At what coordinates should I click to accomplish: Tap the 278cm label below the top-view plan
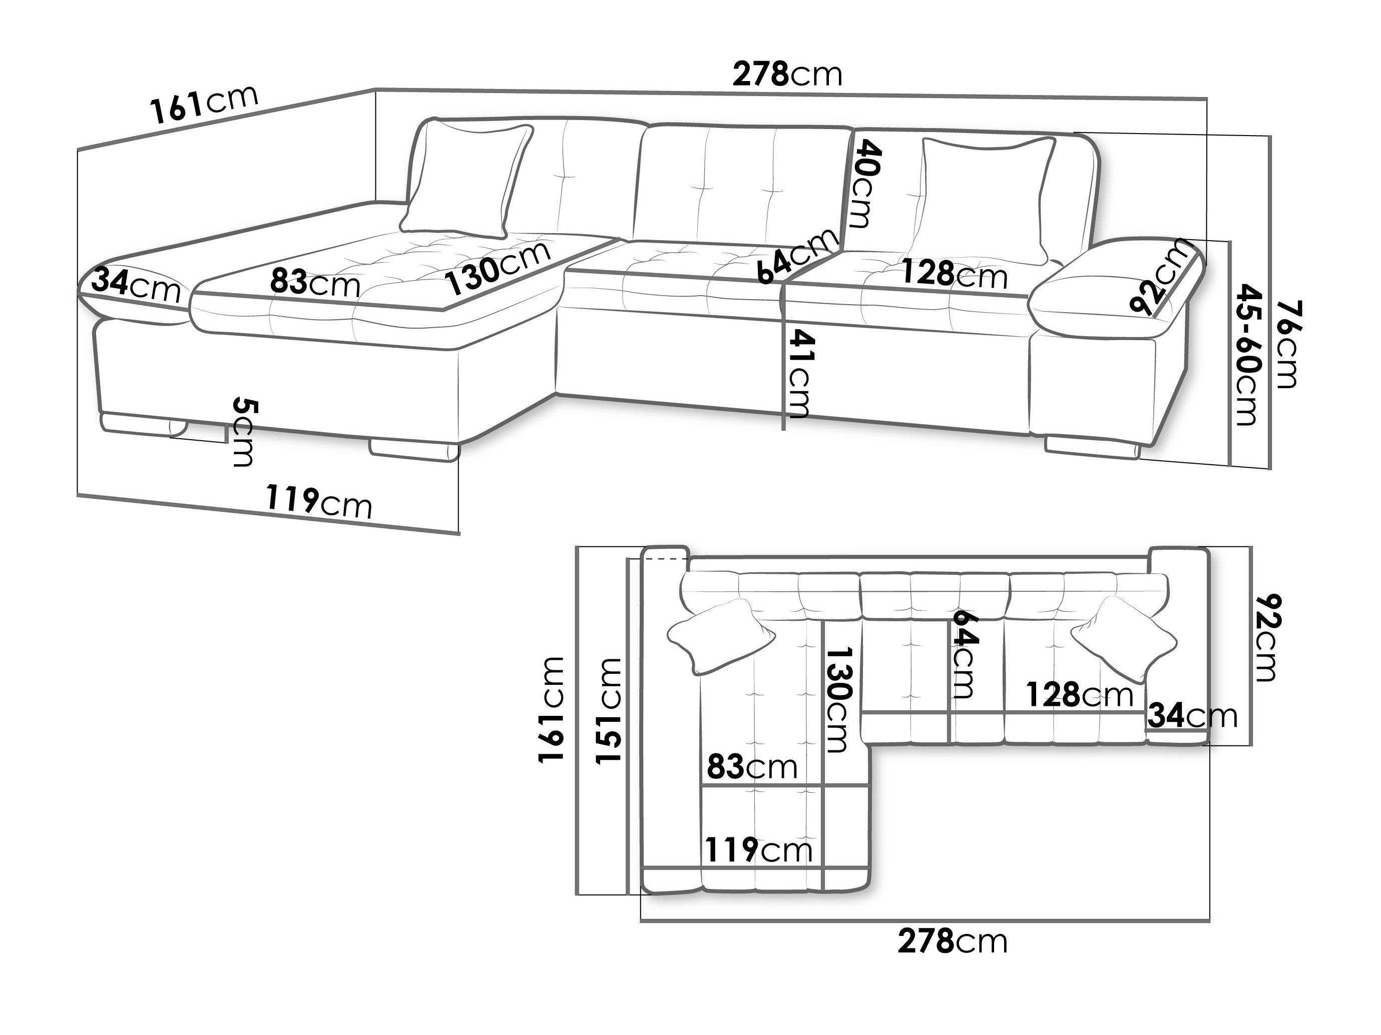click(x=953, y=941)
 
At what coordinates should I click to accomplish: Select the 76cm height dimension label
click(x=1287, y=344)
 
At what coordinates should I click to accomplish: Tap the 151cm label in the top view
click(x=608, y=710)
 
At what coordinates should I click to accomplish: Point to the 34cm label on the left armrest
click(x=136, y=285)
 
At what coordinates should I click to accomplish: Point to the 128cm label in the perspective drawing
click(x=955, y=275)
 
